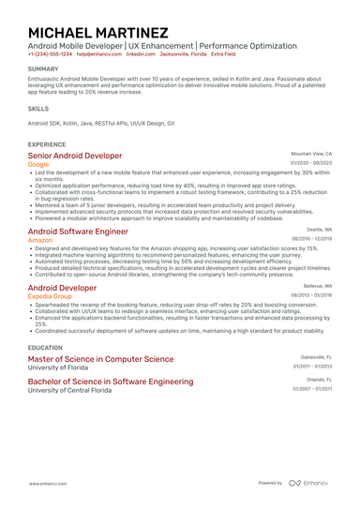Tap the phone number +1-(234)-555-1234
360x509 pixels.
(49, 54)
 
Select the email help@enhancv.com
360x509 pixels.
(98, 54)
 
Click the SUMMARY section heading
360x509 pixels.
(43, 69)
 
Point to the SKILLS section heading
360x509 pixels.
(38, 109)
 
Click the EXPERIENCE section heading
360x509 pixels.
(47, 144)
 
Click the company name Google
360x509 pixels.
(38, 165)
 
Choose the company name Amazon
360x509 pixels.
(40, 240)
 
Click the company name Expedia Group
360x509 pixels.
(51, 296)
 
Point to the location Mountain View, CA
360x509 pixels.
(311, 153)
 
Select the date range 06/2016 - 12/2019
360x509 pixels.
(311, 238)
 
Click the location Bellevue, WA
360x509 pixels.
(317, 285)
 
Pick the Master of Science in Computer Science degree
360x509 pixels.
(100, 359)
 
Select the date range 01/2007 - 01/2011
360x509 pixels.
(311, 389)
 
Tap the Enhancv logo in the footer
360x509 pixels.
(308, 484)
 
